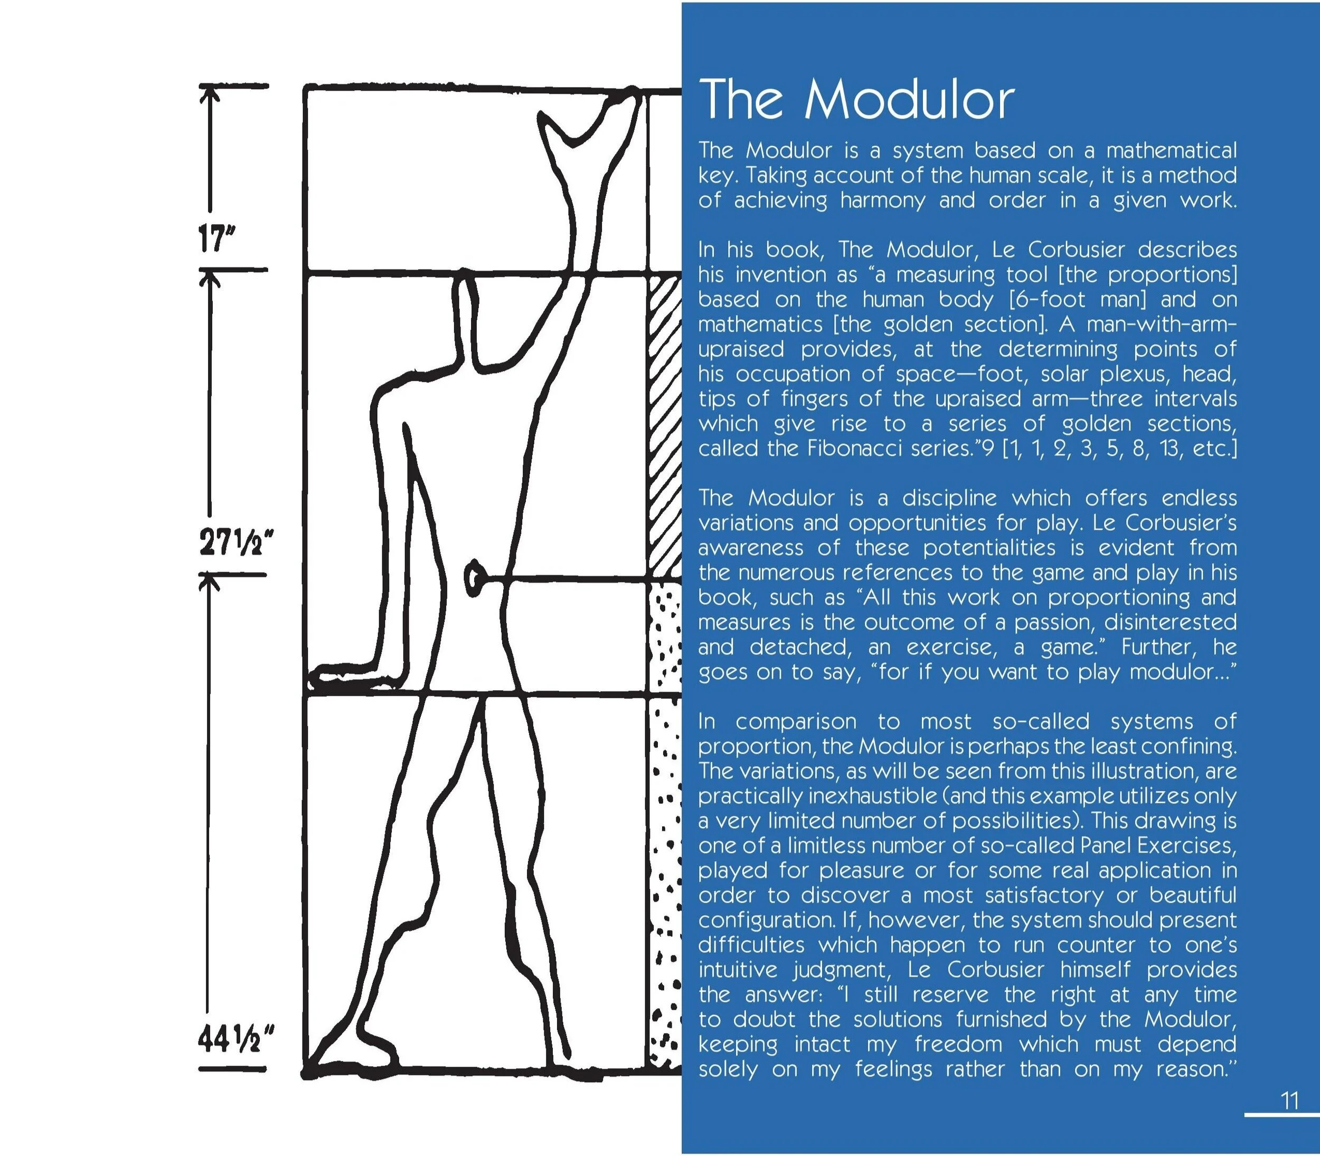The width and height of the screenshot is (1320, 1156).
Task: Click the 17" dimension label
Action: (x=215, y=240)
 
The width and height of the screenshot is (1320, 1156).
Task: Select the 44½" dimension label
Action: (x=234, y=1040)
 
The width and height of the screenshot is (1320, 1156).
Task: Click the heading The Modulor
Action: (x=856, y=100)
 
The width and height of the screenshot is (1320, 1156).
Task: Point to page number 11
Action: (x=1289, y=1101)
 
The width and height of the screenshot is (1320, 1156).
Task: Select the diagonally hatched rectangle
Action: (x=664, y=426)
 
